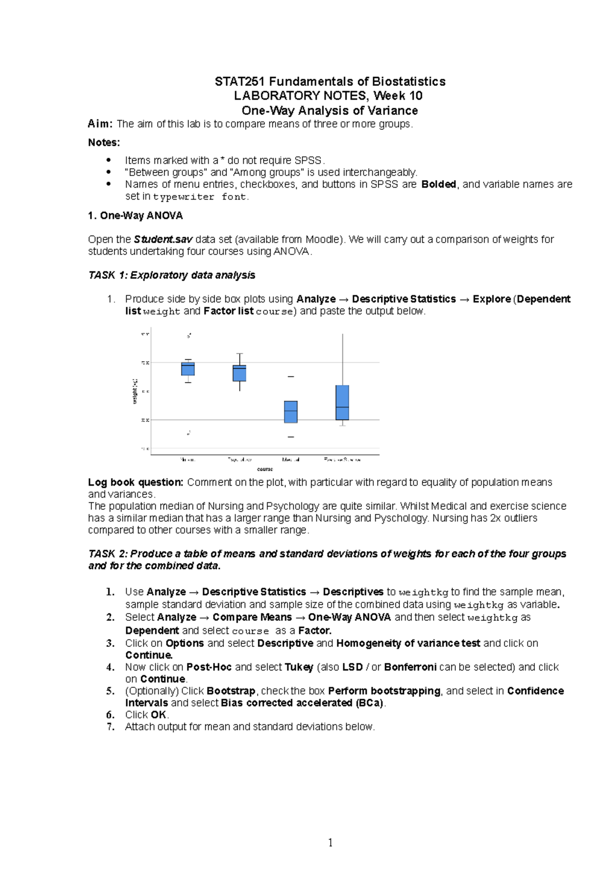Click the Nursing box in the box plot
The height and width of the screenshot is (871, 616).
pos(188,369)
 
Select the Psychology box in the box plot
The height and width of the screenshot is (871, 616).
pos(239,373)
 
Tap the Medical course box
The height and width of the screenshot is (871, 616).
pos(291,412)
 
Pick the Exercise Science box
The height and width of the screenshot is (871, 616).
pos(342,403)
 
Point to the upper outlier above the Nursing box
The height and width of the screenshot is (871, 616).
pos(189,336)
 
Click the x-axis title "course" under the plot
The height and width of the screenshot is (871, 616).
pos(265,469)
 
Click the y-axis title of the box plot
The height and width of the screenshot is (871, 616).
pos(135,391)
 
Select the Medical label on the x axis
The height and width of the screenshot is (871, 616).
pos(291,460)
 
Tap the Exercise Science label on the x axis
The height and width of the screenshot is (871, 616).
pos(342,460)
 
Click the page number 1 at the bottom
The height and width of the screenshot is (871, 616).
pos(330,842)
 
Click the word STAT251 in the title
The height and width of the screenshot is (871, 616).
pos(240,82)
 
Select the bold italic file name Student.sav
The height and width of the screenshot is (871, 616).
pos(163,240)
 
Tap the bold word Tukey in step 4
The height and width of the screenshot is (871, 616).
pos(299,667)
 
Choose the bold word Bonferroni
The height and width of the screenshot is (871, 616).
pos(410,667)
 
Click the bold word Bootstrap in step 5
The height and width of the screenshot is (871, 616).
pos(231,691)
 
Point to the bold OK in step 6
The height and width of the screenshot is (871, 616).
pos(158,715)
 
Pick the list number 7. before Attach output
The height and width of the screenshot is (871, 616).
pos(110,727)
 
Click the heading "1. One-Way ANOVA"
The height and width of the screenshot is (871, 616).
pos(136,216)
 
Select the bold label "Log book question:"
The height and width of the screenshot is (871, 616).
pos(136,482)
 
